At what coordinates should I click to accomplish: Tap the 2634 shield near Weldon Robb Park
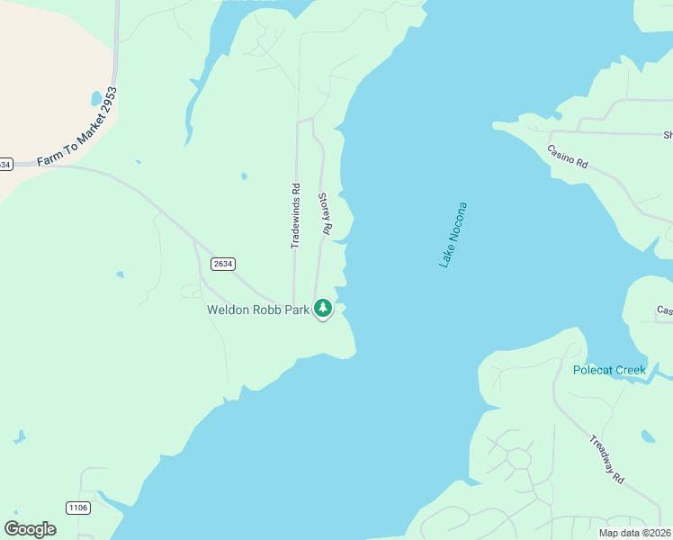point(223,264)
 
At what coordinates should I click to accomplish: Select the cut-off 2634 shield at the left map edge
point(5,164)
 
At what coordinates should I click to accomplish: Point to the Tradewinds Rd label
point(295,216)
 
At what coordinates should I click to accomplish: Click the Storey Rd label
point(326,214)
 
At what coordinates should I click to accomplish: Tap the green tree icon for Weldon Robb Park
point(323,309)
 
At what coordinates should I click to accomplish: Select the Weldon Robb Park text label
point(258,310)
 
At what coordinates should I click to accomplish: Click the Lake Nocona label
point(453,234)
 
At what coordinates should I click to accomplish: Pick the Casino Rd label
point(568,157)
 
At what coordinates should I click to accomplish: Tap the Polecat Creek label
point(609,370)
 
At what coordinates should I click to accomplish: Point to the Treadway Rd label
point(607,460)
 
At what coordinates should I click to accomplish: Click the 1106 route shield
point(78,508)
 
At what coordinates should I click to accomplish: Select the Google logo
point(31,528)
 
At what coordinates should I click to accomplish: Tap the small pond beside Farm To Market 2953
point(97,97)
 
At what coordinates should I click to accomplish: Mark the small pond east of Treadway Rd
point(649,436)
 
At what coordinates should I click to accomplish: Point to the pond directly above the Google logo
point(19,438)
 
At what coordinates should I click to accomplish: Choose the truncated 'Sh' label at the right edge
point(668,135)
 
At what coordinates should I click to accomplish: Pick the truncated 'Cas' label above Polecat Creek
point(664,310)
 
